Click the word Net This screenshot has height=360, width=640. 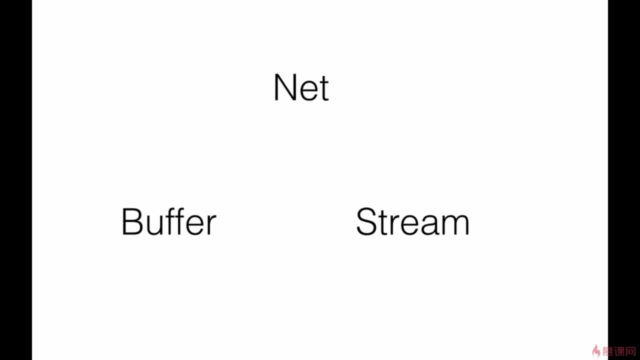point(301,87)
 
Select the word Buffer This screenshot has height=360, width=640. point(169,221)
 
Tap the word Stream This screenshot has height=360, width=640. point(412,221)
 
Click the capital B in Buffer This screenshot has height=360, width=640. point(132,221)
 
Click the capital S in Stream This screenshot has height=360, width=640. point(367,221)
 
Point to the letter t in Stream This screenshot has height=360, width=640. point(384,223)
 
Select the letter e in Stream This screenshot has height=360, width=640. point(410,225)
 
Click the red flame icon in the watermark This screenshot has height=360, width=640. point(595,351)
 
